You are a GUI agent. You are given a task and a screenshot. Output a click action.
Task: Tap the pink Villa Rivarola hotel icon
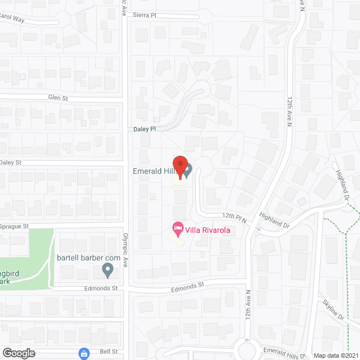[x=178, y=229]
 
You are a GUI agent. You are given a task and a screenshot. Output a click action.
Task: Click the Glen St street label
[x=57, y=98]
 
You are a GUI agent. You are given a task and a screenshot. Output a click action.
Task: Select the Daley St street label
[x=10, y=163]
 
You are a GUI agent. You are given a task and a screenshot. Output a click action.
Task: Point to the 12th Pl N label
[x=235, y=215]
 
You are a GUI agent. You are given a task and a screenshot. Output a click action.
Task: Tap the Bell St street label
[x=110, y=352]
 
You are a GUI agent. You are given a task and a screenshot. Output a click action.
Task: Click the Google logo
[x=19, y=353]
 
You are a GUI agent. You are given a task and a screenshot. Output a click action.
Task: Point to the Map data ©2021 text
[x=335, y=355]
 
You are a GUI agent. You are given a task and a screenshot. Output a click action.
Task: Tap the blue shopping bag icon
[x=84, y=353]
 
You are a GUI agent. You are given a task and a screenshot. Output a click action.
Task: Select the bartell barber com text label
[x=89, y=258]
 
